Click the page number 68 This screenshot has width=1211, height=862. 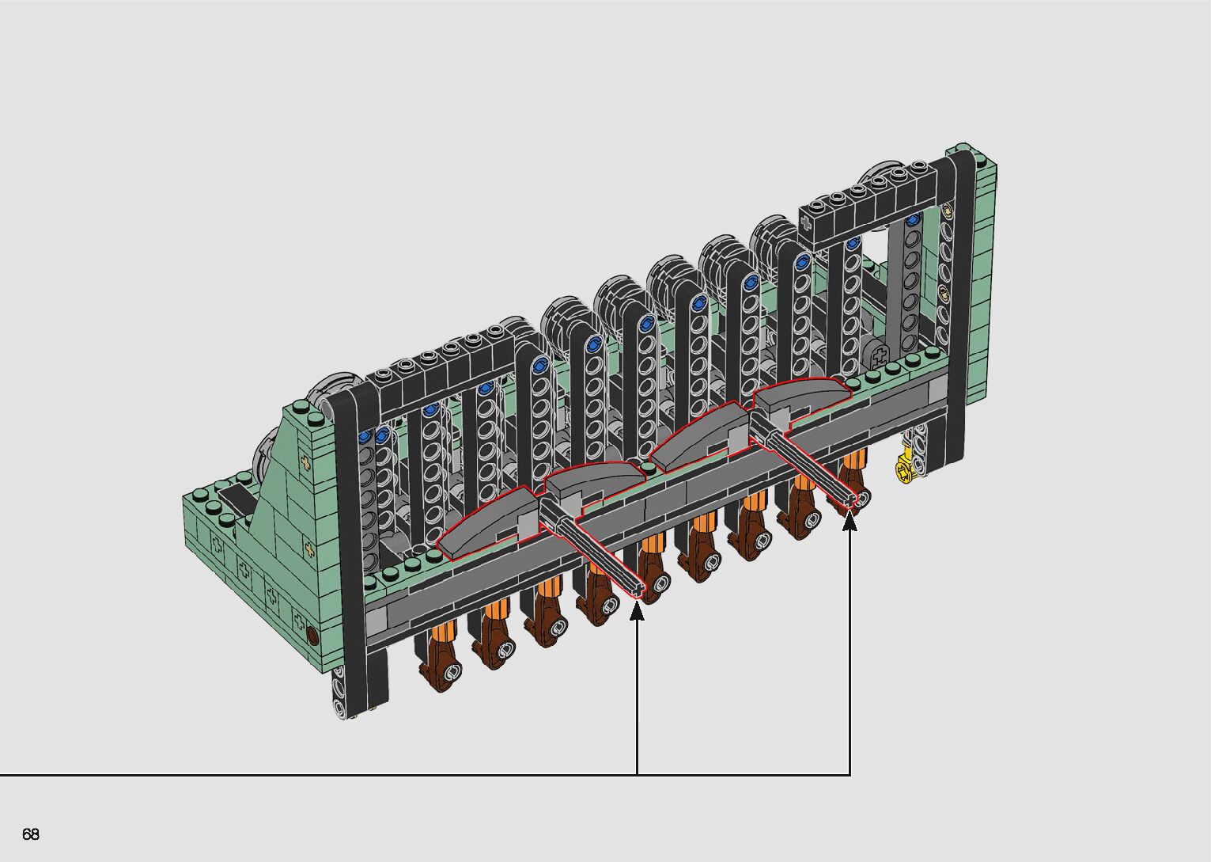click(x=31, y=834)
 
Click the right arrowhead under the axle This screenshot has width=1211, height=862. click(x=850, y=519)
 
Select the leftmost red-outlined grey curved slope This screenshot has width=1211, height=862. click(x=486, y=522)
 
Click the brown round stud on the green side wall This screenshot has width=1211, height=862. click(x=312, y=635)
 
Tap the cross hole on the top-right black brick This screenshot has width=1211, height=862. click(x=807, y=222)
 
